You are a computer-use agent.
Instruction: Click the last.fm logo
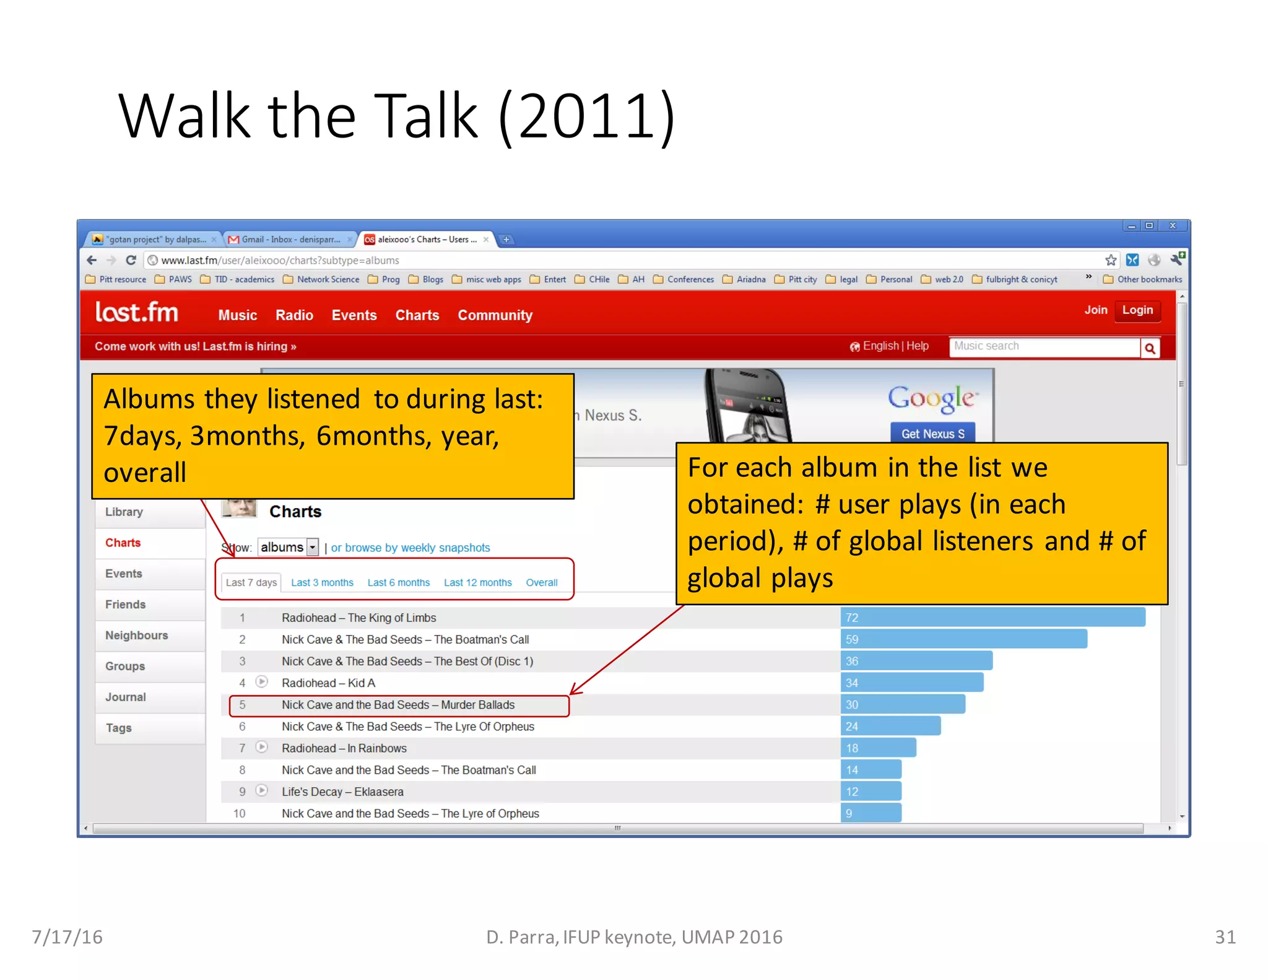[136, 312]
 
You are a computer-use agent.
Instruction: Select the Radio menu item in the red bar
[294, 315]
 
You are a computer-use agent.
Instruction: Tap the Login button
[1137, 310]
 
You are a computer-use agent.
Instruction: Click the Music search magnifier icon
[1150, 348]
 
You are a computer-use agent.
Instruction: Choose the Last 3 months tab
[322, 582]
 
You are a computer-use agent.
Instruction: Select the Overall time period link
[541, 582]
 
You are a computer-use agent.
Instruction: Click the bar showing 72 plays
[992, 618]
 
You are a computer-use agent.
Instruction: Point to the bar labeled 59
[963, 639]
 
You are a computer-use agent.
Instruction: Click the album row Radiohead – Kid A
[328, 683]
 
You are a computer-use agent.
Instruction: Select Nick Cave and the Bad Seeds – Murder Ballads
[397, 705]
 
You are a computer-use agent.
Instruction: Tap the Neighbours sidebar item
[137, 635]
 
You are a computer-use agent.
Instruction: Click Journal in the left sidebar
[126, 697]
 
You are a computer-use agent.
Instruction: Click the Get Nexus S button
[932, 434]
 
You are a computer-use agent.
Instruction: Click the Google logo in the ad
[932, 398]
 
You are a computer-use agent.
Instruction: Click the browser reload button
[131, 260]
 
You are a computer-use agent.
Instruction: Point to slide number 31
[1225, 937]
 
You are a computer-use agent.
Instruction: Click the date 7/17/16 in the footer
[67, 937]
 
